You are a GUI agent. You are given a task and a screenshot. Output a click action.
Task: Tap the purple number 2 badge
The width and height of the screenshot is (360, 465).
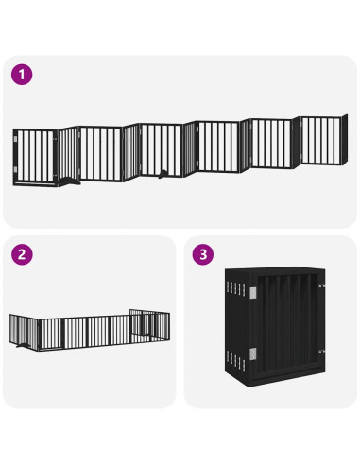click(19, 254)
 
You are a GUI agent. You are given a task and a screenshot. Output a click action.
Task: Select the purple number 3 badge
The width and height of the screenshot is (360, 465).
click(201, 254)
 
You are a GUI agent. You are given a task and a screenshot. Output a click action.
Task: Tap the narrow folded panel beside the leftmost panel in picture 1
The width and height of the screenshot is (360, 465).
click(65, 154)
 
